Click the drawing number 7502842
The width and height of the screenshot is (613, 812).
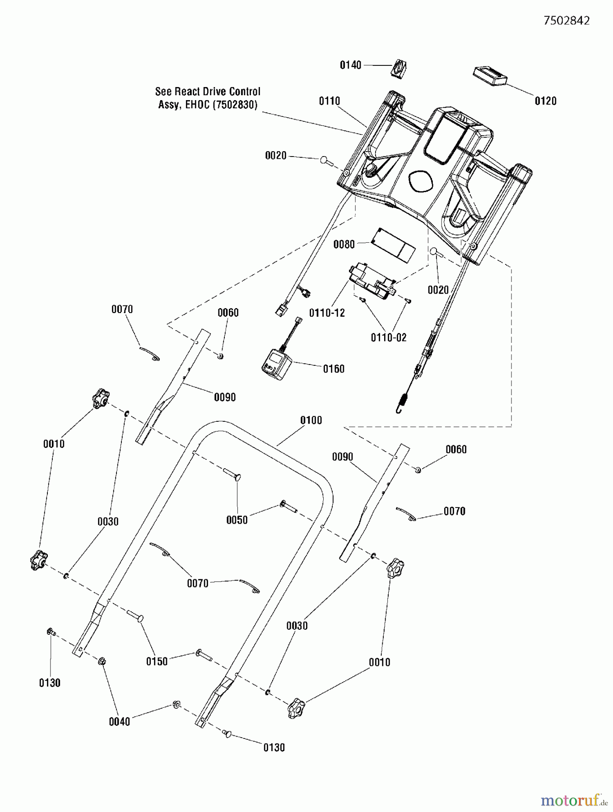click(567, 21)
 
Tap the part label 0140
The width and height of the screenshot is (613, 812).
click(351, 65)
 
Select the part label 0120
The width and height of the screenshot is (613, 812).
click(545, 101)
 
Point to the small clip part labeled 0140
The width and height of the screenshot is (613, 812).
click(399, 69)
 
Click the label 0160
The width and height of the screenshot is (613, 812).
click(334, 369)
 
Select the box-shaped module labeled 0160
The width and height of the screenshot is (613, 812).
click(276, 362)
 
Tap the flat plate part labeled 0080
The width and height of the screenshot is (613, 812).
click(392, 244)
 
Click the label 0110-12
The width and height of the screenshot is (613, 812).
click(327, 313)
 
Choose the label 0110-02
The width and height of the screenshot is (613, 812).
click(389, 337)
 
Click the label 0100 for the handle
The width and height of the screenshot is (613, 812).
click(311, 420)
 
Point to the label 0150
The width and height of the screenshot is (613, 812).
click(157, 661)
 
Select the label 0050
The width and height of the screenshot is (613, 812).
click(237, 520)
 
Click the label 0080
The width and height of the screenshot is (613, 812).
click(344, 245)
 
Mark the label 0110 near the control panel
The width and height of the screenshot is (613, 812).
click(330, 101)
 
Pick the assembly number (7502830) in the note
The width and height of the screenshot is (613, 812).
click(234, 105)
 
